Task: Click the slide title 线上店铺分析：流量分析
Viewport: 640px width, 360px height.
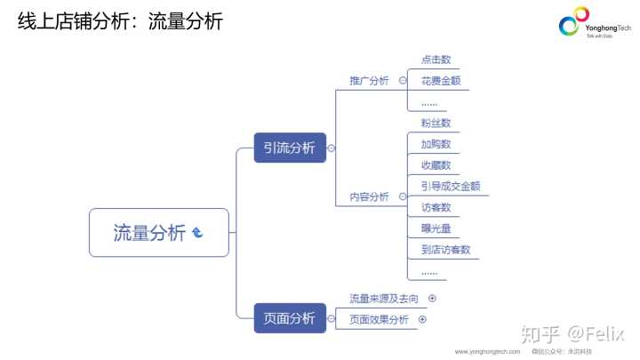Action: (120, 21)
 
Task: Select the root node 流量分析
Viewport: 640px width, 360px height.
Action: (149, 233)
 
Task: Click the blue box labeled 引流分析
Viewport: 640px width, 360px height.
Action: (290, 148)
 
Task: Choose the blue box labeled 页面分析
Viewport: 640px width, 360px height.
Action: (290, 318)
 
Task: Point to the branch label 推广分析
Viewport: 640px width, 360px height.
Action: (369, 81)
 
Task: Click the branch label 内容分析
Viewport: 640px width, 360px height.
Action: (369, 196)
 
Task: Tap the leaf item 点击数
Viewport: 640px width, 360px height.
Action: (436, 59)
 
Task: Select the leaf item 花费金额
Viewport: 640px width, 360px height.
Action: (441, 81)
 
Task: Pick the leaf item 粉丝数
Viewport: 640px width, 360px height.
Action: (436, 123)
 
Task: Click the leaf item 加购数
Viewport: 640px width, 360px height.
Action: (436, 144)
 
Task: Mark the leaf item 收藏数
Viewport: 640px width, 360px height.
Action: (436, 165)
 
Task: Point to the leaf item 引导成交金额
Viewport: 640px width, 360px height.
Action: (451, 186)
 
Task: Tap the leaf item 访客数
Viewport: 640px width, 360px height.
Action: (436, 207)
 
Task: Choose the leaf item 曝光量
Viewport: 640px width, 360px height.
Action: (436, 228)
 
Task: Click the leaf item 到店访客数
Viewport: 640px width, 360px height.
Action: (446, 250)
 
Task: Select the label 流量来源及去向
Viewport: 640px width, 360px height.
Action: (384, 299)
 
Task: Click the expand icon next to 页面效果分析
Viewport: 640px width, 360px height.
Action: (422, 319)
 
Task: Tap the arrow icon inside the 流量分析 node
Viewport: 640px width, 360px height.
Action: (197, 233)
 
